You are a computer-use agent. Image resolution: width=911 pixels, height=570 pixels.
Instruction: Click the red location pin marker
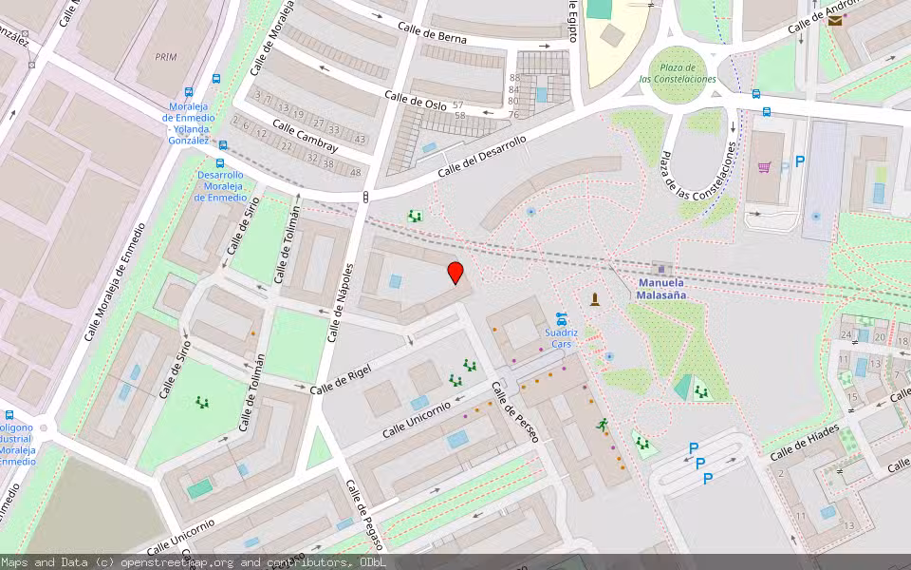click(x=455, y=272)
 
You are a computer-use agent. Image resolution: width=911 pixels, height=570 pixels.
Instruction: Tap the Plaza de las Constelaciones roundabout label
click(x=678, y=73)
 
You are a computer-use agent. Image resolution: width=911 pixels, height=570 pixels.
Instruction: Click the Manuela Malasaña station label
click(x=661, y=289)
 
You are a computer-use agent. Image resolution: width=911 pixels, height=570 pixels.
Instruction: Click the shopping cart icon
click(x=764, y=167)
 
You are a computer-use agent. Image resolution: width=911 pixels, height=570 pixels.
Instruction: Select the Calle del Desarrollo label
click(x=482, y=156)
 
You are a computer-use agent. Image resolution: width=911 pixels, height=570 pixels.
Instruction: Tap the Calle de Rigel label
click(x=340, y=378)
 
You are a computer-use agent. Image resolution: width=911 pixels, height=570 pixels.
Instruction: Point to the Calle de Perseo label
click(x=514, y=411)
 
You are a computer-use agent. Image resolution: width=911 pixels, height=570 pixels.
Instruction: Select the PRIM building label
click(x=165, y=57)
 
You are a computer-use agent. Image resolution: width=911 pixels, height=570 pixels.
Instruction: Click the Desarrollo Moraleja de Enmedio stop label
click(x=220, y=186)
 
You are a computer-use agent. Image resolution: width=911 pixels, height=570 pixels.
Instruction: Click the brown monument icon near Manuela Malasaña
click(x=595, y=300)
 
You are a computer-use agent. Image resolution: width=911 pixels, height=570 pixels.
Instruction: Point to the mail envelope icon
click(x=835, y=20)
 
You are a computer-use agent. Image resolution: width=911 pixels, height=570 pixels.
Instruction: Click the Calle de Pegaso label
click(x=364, y=515)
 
